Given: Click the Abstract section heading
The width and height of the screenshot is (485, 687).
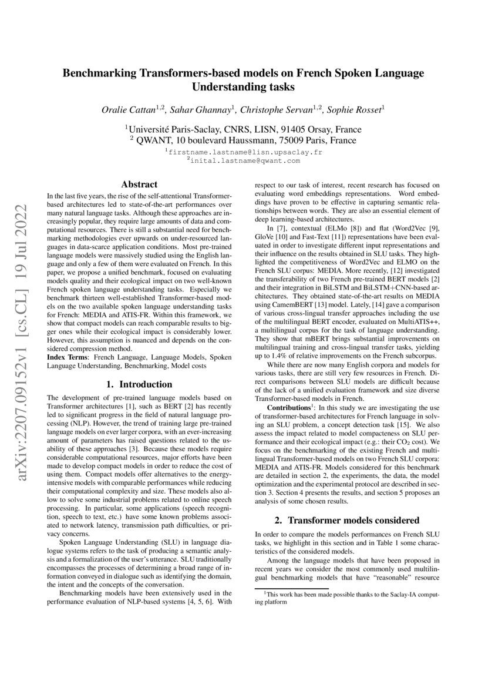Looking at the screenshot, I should click(x=139, y=184).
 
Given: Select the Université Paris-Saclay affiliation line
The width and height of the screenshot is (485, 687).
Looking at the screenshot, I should click(x=243, y=129).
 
